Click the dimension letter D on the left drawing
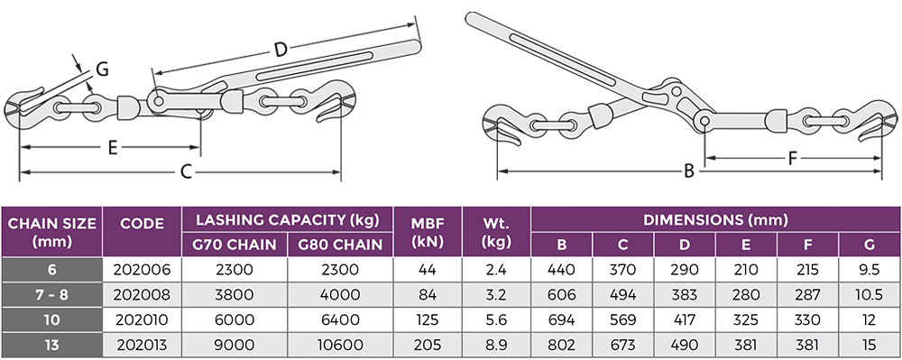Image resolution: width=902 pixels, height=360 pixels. point(281,51)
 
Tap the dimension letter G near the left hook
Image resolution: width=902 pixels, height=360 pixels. point(102,69)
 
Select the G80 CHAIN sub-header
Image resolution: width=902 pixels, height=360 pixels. point(340,244)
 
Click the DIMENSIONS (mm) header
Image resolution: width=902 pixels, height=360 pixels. point(715,219)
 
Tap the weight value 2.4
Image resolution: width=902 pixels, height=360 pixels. point(496,269)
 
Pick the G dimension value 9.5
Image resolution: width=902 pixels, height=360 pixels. point(869,269)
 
